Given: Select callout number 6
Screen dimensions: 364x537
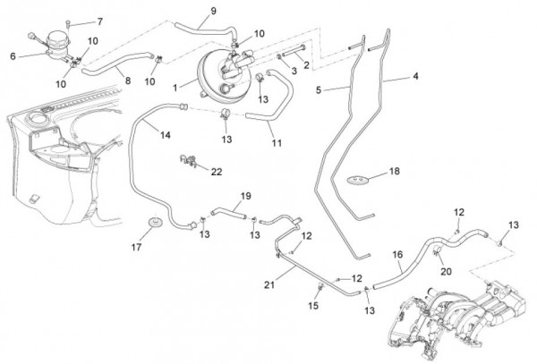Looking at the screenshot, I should [x=13, y=55].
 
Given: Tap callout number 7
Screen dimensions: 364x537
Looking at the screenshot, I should [x=99, y=21].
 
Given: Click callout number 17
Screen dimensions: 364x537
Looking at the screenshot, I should [x=136, y=248].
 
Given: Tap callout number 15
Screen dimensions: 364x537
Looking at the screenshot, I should [x=313, y=306].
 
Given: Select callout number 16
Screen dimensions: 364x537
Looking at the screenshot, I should [x=398, y=255].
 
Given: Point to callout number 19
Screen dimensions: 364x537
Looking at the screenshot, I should [x=245, y=195].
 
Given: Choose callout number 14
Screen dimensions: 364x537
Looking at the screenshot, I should [x=166, y=135].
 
